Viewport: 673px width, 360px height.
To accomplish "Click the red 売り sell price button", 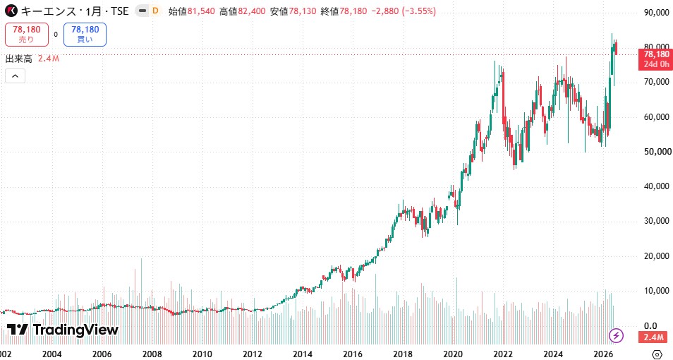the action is (x=27, y=35).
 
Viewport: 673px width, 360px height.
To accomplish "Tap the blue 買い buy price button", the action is (x=85, y=35).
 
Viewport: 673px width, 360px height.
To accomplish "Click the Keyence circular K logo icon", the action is (x=11, y=11).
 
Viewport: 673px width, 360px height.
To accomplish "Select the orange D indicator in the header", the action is (x=155, y=11).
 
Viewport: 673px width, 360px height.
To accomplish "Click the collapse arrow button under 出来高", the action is (x=15, y=76).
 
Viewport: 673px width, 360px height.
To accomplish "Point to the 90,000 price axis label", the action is (x=657, y=13).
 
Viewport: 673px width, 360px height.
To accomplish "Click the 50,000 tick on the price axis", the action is (x=657, y=152).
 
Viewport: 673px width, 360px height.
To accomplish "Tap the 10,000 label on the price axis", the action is (x=657, y=291).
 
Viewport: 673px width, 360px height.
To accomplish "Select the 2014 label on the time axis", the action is (x=303, y=354).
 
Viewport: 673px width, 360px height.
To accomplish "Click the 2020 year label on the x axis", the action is (x=453, y=354).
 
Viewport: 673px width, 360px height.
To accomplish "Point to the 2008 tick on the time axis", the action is (x=152, y=354).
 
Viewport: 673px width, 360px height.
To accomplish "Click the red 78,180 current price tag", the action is (x=656, y=54).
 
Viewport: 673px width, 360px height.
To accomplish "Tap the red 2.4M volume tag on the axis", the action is (x=656, y=337).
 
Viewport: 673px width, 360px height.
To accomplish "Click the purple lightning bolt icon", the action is (x=617, y=335).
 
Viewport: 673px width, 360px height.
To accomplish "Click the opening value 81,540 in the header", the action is (x=201, y=11).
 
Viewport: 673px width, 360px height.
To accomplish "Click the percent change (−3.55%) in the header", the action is (x=418, y=11).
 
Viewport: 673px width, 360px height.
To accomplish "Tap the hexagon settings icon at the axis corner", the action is (x=657, y=354).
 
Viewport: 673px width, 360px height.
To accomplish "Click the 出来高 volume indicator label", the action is (x=18, y=59).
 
